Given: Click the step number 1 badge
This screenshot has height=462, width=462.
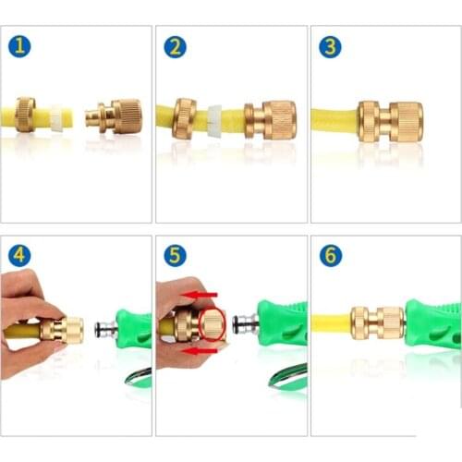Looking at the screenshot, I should click(x=20, y=47).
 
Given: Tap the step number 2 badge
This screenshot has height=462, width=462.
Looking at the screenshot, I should click(x=176, y=47).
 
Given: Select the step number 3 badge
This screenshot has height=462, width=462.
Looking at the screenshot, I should click(x=330, y=47).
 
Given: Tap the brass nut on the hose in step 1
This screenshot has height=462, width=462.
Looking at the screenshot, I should click(x=26, y=116).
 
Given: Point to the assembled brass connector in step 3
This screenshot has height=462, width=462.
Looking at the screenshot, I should click(x=390, y=122).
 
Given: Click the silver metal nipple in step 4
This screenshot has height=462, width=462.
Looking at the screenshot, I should click(x=105, y=328).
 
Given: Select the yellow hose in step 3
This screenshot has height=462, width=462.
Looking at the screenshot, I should click(x=333, y=120).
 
